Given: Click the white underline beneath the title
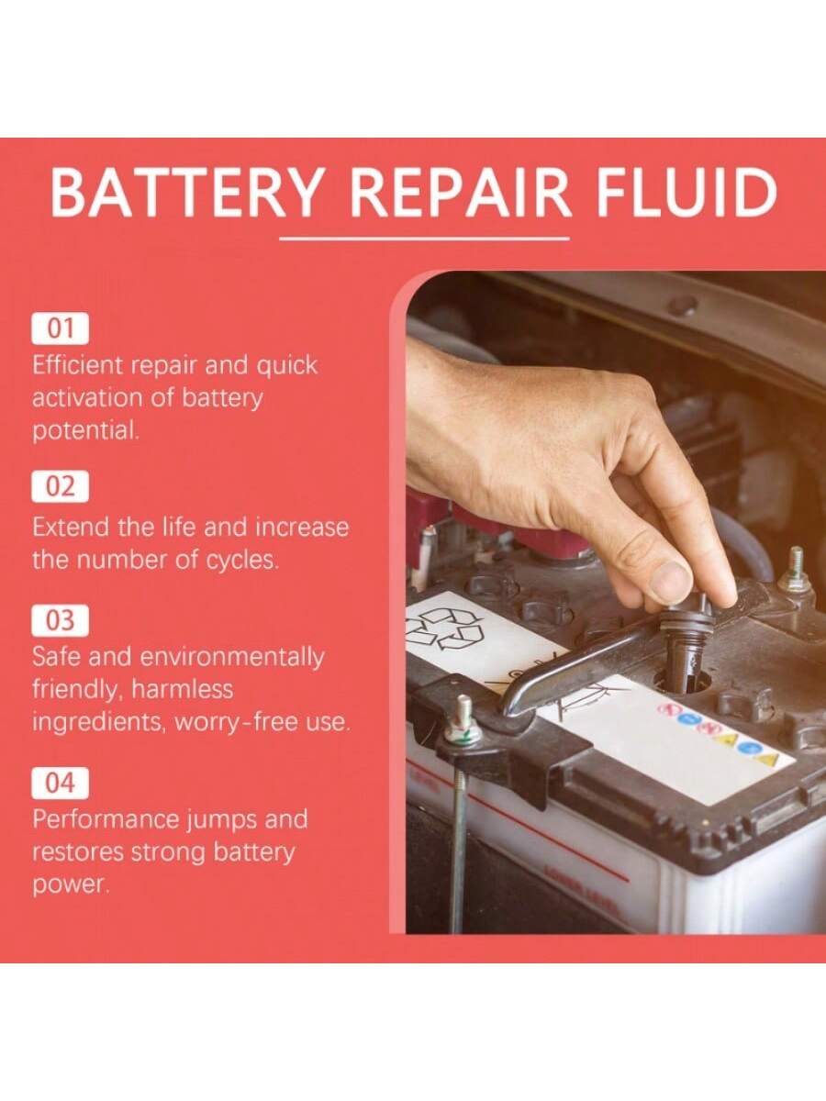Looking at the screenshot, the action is pyautogui.click(x=424, y=239).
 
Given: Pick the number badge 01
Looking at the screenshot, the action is pyautogui.click(x=61, y=328).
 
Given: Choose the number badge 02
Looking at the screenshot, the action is pyautogui.click(x=61, y=486).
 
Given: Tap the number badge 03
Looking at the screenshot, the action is pyautogui.click(x=61, y=620).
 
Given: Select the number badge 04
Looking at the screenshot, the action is pyautogui.click(x=61, y=783).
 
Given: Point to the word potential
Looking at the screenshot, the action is pyautogui.click(x=85, y=432).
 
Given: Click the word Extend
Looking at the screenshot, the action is pyautogui.click(x=71, y=528).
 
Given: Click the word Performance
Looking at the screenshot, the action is pyautogui.click(x=106, y=819).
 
